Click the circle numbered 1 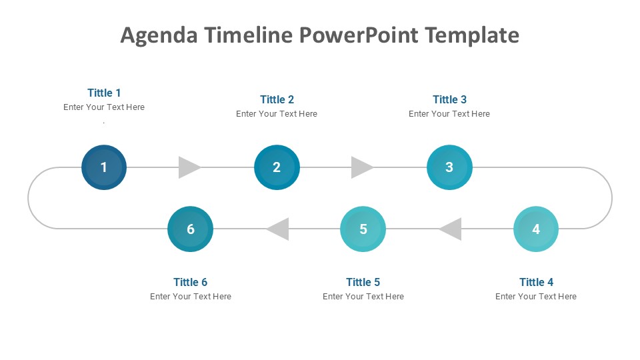[104, 167]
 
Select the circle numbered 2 [277, 167]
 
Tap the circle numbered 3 [449, 167]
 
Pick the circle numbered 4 [536, 229]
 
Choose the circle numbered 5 [363, 229]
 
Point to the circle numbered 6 [190, 229]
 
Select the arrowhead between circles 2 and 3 [362, 167]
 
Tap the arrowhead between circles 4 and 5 [450, 229]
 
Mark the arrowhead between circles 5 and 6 [277, 229]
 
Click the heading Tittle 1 [104, 93]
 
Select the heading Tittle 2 [277, 99]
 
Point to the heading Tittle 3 [449, 99]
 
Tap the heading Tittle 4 [536, 282]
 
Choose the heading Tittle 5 [363, 282]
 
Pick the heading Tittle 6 [190, 282]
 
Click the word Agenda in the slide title [159, 35]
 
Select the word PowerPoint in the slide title [359, 35]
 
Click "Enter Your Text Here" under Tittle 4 [536, 297]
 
